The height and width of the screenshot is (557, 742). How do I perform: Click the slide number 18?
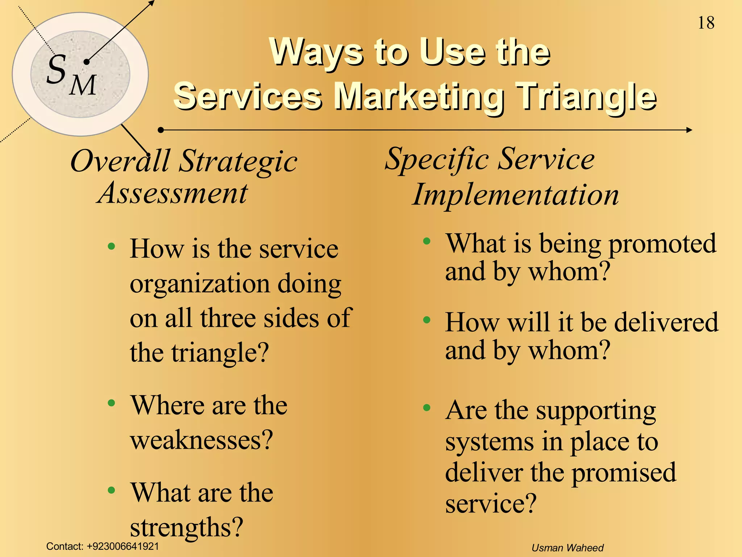point(706,23)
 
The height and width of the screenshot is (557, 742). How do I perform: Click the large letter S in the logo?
point(57,69)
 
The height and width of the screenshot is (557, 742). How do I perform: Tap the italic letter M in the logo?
point(83,85)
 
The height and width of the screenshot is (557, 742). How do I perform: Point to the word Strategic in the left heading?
point(238,161)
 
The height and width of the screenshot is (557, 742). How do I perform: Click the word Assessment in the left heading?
point(173,193)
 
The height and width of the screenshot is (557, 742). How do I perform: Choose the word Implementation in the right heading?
point(516,195)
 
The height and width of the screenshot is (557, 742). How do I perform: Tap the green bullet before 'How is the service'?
point(112,247)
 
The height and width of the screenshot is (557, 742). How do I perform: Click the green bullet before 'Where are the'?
point(112,403)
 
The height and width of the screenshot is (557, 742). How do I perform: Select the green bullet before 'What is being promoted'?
point(427,241)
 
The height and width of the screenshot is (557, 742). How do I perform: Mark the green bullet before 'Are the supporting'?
point(427,408)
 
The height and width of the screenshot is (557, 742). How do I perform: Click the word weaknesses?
point(201,440)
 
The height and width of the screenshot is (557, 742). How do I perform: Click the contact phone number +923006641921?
point(123,546)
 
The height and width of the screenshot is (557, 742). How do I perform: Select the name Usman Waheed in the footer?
point(567,548)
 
